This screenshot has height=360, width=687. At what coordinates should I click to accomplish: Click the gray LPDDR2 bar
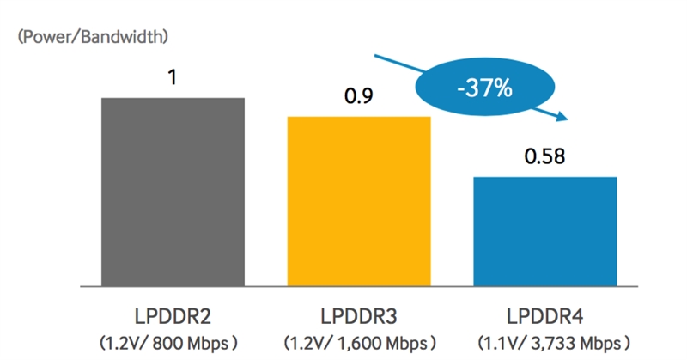coord(173,191)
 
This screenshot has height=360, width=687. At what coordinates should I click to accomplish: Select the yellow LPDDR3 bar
coord(358,200)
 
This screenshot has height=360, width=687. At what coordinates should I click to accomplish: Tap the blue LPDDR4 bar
coord(544,230)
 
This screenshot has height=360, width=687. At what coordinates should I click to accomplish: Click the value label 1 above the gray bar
coord(173,78)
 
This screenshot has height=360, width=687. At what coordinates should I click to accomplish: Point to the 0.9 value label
coord(358,96)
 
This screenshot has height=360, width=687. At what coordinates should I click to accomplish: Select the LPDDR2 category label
coord(172,314)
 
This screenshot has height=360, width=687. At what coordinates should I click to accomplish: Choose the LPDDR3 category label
coord(358,314)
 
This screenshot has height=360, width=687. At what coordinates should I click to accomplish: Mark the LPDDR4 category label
coord(544,314)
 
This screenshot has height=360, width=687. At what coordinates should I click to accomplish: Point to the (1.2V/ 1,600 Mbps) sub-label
coord(358,341)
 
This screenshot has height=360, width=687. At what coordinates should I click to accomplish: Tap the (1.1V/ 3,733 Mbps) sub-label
coord(544,341)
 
